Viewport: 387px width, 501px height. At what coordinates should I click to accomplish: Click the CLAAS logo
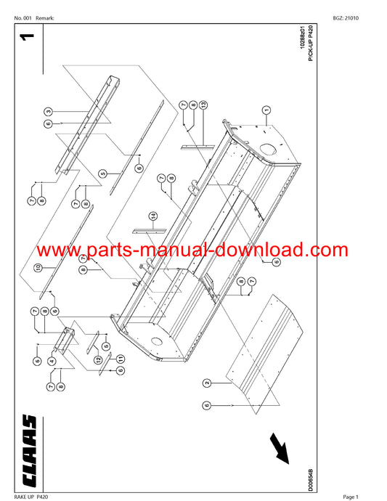pyautogui.click(x=29, y=450)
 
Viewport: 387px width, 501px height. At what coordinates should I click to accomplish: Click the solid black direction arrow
pyautogui.click(x=279, y=448)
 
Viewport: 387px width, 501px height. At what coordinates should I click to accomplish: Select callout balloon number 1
pyautogui.click(x=266, y=110)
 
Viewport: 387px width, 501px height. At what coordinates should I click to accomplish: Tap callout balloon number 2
pyautogui.click(x=207, y=383)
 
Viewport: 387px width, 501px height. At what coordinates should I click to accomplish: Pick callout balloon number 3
pyautogui.click(x=48, y=112)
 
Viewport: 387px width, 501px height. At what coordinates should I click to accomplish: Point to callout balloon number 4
pyautogui.click(x=52, y=361)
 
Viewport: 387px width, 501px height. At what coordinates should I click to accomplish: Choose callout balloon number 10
pyautogui.click(x=38, y=267)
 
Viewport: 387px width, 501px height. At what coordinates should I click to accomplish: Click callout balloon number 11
pyautogui.click(x=121, y=359)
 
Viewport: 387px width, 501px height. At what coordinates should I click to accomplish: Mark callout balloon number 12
pyautogui.click(x=98, y=359)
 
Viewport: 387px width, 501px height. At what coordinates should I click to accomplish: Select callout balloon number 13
pyautogui.click(x=203, y=105)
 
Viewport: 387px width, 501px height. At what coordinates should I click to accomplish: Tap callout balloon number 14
pyautogui.click(x=154, y=216)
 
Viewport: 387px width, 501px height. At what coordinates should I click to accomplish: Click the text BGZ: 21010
pyautogui.click(x=346, y=18)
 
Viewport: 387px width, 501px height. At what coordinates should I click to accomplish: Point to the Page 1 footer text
pyautogui.click(x=351, y=497)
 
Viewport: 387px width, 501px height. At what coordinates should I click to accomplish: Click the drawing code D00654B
pyautogui.click(x=311, y=480)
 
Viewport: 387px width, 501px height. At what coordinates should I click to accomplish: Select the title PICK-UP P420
pyautogui.click(x=311, y=43)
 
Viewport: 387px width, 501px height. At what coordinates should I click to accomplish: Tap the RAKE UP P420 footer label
pyautogui.click(x=31, y=497)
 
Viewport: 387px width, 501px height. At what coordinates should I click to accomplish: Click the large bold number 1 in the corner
pyautogui.click(x=27, y=37)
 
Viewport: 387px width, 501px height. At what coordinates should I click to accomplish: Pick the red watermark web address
pyautogui.click(x=192, y=250)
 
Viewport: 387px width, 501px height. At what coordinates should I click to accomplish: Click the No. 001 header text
pyautogui.click(x=23, y=18)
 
